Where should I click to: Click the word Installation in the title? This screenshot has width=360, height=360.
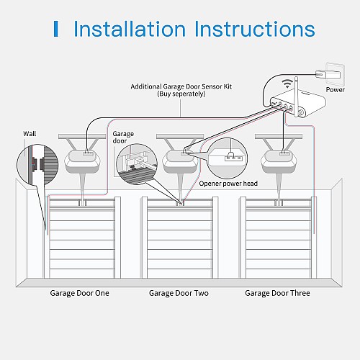coord(130,29)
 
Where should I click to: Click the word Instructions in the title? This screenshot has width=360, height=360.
coord(255,29)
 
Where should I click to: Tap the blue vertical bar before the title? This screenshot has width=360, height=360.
coord(56,29)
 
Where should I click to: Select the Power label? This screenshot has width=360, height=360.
coord(335,90)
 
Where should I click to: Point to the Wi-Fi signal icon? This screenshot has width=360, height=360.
coord(287,83)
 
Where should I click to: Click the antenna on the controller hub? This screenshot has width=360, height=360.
coord(296,96)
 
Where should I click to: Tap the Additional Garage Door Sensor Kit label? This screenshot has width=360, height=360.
coord(181,86)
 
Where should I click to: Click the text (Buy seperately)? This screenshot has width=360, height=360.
coord(181,94)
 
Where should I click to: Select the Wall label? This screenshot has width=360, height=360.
coord(30,134)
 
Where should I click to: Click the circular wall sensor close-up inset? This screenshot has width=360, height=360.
coord(37,165)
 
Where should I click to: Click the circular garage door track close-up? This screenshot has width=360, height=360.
coord(137,164)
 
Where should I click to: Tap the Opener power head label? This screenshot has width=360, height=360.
coord(228,184)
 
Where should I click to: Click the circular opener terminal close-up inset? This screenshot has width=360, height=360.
coord(227,158)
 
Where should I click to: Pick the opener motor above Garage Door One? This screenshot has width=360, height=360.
coord(82,161)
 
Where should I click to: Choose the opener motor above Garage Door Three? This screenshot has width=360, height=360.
coord(279,161)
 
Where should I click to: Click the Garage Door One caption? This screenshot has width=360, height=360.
coord(79,293)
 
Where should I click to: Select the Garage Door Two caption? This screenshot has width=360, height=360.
coord(179,293)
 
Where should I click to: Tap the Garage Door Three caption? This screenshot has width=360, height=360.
coord(277,293)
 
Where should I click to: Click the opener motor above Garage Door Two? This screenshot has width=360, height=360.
coord(181,161)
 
